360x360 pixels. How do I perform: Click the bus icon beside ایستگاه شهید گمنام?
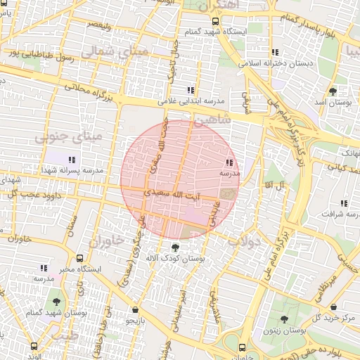coord(217,22)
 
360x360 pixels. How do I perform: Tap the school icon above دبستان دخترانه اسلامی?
coord(276,52)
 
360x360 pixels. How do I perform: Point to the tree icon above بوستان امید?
coord(333,91)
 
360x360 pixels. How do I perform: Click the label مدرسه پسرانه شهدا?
coord(72,170)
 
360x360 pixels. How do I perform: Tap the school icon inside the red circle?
coord(230,162)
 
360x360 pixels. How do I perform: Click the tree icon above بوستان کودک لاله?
coord(175,247)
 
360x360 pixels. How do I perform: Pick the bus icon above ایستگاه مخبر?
coord(81,259)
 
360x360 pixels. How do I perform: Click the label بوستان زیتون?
coord(283,330)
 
